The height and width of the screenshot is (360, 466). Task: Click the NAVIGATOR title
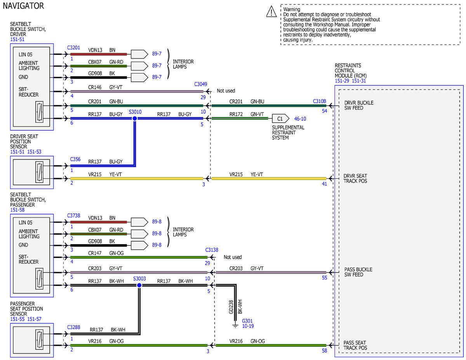click(23, 6)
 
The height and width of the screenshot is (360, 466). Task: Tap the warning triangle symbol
click(271, 11)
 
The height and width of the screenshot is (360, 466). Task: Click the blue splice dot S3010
click(135, 118)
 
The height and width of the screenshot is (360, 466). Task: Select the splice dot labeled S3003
click(139, 285)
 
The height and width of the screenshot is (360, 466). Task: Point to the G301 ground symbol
click(235, 326)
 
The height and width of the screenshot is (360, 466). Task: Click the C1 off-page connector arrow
click(280, 118)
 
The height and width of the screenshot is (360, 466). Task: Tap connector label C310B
click(319, 101)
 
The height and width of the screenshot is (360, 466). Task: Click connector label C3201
click(73, 48)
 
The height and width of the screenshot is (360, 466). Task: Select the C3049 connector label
click(200, 84)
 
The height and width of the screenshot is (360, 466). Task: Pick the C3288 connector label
click(73, 327)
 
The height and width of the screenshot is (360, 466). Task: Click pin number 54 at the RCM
click(324, 111)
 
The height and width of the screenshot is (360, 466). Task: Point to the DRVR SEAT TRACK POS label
click(355, 178)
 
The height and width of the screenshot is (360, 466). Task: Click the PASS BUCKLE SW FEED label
click(358, 272)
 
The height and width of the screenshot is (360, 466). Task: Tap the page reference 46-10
click(300, 118)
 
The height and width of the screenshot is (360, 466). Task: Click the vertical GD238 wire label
click(231, 307)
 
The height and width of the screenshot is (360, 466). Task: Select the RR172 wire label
click(236, 114)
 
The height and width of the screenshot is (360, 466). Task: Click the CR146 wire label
click(95, 87)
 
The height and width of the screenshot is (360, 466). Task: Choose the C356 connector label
click(75, 159)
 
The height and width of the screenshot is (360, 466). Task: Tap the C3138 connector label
click(212, 250)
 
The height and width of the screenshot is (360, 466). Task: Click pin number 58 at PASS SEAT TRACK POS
click(324, 351)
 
